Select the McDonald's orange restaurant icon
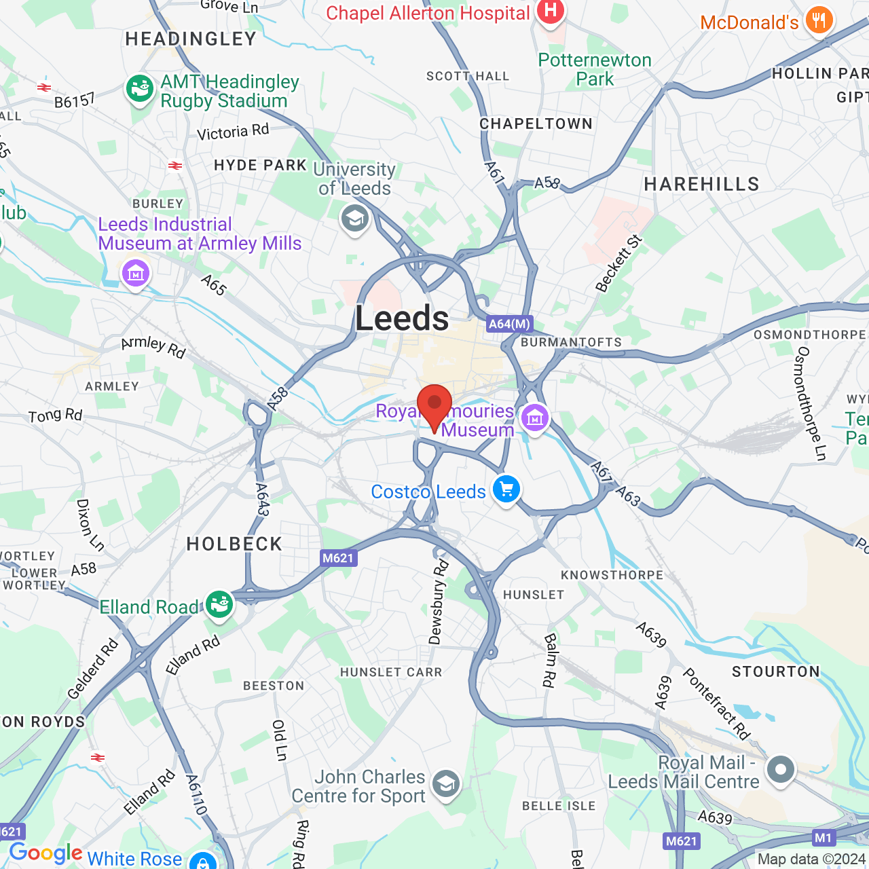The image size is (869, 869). click(x=819, y=21)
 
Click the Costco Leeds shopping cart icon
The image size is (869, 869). click(x=506, y=489)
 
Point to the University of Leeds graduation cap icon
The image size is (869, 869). click(x=354, y=219)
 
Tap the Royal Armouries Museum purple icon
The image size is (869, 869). click(x=534, y=418)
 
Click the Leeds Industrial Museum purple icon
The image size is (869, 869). click(x=136, y=274)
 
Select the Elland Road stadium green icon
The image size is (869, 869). click(x=219, y=604)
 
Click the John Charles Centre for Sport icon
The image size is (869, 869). click(x=445, y=784)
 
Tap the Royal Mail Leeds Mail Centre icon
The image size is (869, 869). click(x=780, y=770)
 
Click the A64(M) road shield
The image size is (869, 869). click(x=509, y=324)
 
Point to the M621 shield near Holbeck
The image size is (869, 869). click(x=338, y=558)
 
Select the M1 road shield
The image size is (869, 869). click(x=823, y=837)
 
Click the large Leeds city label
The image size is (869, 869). click(x=402, y=318)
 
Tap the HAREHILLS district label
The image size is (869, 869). click(x=701, y=184)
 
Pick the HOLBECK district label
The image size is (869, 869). click(x=234, y=544)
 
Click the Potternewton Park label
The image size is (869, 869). click(x=595, y=69)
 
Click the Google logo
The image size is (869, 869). click(x=45, y=853)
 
